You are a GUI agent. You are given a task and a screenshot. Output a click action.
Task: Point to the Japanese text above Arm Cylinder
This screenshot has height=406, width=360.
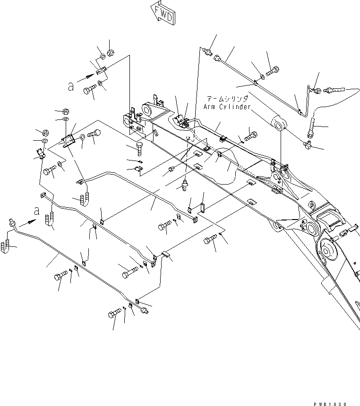[227, 99]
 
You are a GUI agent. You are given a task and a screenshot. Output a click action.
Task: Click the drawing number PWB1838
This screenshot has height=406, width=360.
[330, 404]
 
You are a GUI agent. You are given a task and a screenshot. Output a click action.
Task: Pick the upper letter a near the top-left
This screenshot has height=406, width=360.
[71, 86]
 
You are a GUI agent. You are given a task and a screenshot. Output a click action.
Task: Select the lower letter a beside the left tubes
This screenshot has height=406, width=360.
[37, 211]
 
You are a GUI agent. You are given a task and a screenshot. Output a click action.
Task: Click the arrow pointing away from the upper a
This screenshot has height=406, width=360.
[86, 78]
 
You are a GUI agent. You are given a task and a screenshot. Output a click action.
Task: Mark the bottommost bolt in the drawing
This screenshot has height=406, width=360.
[114, 313]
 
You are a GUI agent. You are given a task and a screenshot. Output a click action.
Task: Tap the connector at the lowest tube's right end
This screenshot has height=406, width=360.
[145, 310]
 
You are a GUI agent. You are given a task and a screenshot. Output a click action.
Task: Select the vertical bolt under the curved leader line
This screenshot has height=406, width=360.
[311, 127]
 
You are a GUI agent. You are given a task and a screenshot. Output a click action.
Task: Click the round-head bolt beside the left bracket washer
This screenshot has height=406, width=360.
[94, 134]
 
